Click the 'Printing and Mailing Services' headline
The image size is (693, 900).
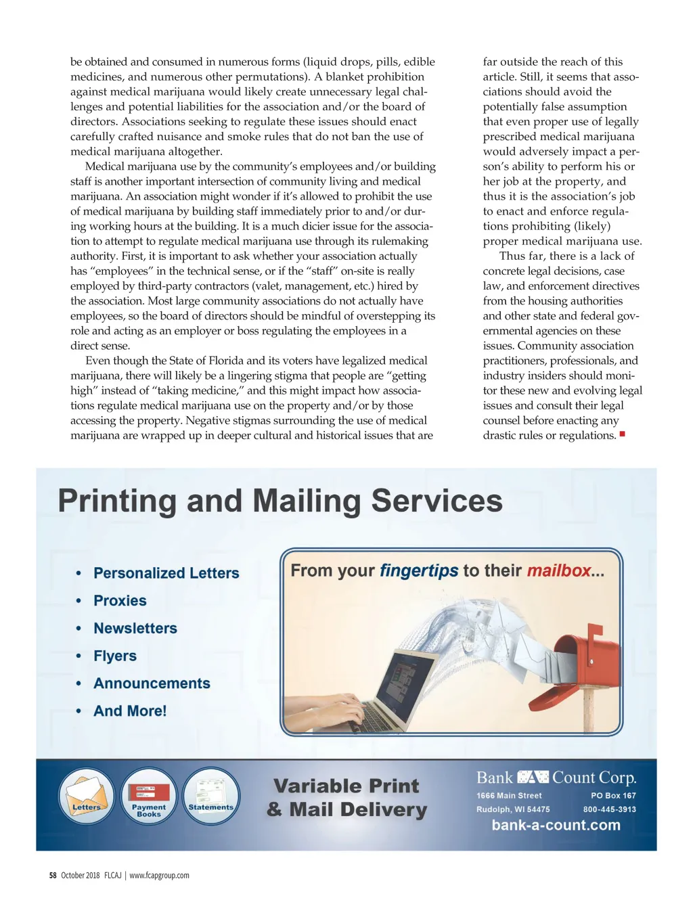point(280,501)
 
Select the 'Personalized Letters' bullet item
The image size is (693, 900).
point(166,573)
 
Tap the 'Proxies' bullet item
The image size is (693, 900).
point(120,601)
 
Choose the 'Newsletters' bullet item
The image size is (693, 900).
point(135,629)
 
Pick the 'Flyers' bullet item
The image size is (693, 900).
point(115,656)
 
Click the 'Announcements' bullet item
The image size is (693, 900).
point(152,683)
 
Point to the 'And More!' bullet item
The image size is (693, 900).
point(130,711)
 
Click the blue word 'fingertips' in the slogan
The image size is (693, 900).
point(419,571)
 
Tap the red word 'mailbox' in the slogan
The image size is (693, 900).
point(559,571)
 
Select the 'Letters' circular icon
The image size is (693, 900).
point(87,796)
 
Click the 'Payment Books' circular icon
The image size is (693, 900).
point(149,796)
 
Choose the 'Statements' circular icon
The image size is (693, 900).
point(211,796)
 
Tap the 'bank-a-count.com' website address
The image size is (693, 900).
point(556,826)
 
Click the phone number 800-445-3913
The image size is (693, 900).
point(609,809)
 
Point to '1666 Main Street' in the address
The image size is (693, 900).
point(509,796)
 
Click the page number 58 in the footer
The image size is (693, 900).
point(53,876)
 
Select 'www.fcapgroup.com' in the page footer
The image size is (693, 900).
point(159,876)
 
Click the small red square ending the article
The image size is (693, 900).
point(622,434)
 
